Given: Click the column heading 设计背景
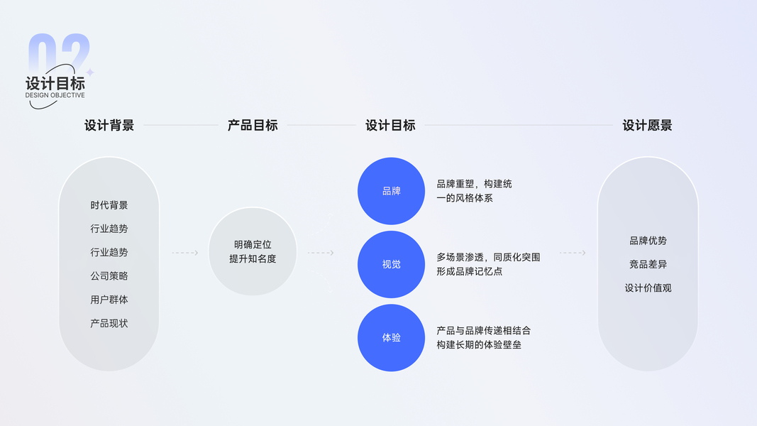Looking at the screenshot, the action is pyautogui.click(x=109, y=126).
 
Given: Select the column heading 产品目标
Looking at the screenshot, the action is pyautogui.click(x=253, y=126).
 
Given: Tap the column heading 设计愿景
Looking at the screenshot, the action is pyautogui.click(x=647, y=126).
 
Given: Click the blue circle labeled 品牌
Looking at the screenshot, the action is pyautogui.click(x=391, y=191).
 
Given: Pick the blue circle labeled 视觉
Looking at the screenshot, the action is pyautogui.click(x=391, y=264).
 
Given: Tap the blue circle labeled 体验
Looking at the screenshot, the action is pyautogui.click(x=391, y=337).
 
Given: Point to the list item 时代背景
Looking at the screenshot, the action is pyautogui.click(x=109, y=205).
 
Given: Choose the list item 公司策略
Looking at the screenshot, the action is pyautogui.click(x=109, y=275).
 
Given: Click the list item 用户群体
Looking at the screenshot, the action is pyautogui.click(x=109, y=300).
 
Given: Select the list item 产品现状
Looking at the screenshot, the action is pyautogui.click(x=109, y=323).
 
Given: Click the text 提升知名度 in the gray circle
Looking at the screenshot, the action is pyautogui.click(x=253, y=259).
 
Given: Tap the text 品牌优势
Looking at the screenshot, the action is pyautogui.click(x=648, y=241).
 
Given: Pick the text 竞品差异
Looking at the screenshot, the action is pyautogui.click(x=648, y=264).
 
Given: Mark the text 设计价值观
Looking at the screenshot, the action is pyautogui.click(x=648, y=288).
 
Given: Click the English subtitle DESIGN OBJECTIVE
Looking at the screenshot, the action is pyautogui.click(x=55, y=95).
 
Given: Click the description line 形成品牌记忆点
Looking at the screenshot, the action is pyautogui.click(x=469, y=271).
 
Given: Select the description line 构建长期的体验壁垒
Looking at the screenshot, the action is pyautogui.click(x=478, y=345).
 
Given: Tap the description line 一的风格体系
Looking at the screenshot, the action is pyautogui.click(x=464, y=198).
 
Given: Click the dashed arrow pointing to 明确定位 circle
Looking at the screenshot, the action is pyautogui.click(x=185, y=253).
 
